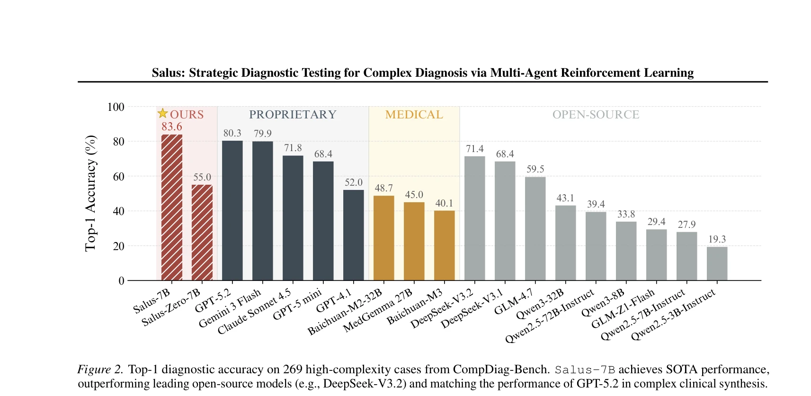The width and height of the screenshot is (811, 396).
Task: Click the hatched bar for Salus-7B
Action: point(171,207)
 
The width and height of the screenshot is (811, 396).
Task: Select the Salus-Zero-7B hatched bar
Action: point(202,233)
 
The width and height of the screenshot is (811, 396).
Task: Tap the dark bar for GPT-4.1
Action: point(353,235)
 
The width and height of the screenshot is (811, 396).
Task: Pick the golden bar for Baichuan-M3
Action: point(444,245)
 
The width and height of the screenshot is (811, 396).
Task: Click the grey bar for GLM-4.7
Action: point(535,229)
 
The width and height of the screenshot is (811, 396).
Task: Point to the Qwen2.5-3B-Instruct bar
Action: point(717,263)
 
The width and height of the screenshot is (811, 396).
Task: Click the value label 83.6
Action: point(171,127)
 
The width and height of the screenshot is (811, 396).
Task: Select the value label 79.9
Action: point(262,133)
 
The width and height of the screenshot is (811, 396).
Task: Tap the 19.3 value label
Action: point(717,239)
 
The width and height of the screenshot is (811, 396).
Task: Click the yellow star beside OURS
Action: point(162,113)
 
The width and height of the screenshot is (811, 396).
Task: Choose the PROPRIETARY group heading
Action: point(293,115)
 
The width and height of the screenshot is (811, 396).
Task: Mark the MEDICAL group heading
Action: point(414,115)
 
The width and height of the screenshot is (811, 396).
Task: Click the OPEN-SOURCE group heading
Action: point(596,115)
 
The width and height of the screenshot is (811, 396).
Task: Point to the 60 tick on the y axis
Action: point(118,176)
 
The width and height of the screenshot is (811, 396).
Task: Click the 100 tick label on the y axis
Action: point(116,107)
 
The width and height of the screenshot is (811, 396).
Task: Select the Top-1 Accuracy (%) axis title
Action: point(90,193)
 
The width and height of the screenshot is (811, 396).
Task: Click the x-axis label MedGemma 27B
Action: point(378,311)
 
